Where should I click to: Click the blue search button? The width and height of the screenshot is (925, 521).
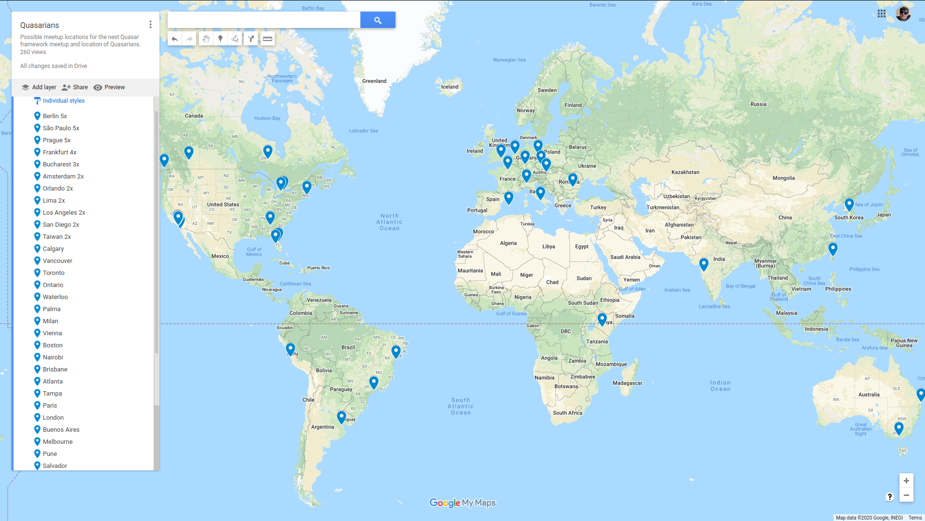click(378, 20)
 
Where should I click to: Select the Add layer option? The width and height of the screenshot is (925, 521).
click(39, 87)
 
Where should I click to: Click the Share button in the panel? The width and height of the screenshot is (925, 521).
click(75, 87)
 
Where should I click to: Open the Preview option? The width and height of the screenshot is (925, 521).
click(109, 87)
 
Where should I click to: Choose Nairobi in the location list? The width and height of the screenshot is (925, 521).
click(53, 357)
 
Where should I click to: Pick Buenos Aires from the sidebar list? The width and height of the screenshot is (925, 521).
click(61, 430)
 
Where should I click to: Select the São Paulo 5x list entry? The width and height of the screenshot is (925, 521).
click(61, 128)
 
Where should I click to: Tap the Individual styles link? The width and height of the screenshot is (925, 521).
click(63, 101)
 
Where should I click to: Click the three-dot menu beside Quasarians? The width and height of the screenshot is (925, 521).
click(150, 25)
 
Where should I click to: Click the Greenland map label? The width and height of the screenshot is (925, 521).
click(374, 81)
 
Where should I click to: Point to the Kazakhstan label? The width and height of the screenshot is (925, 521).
click(685, 172)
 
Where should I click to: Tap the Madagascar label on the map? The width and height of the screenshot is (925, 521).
click(627, 383)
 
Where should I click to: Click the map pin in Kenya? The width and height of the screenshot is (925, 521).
click(602, 318)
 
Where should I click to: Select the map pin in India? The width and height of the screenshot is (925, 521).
click(703, 263)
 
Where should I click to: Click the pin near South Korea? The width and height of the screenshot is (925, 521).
click(849, 204)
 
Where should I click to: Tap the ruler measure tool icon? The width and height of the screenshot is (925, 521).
click(267, 39)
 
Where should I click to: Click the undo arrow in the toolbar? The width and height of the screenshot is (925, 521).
click(174, 39)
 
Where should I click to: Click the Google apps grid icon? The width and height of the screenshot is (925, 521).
click(881, 14)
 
